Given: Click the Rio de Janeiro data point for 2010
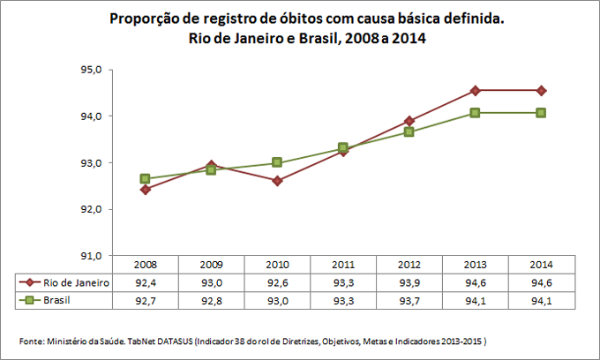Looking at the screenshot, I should (x=277, y=181).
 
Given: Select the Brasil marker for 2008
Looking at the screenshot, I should (x=145, y=178).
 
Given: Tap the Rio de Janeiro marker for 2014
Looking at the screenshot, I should (x=542, y=90).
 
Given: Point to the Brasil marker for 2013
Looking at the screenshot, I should (x=476, y=113).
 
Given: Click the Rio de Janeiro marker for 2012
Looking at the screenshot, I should (x=409, y=121).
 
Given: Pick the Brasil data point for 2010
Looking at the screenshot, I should (x=277, y=162).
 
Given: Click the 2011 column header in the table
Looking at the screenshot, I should (x=343, y=265).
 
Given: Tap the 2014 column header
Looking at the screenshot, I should (x=542, y=265).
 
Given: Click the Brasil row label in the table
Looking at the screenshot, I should (x=58, y=301).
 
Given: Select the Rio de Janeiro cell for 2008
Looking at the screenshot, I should (x=145, y=283).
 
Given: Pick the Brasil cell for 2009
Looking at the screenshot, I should (x=211, y=301).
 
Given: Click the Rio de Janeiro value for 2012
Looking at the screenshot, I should (x=409, y=283).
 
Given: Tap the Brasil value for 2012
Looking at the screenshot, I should (x=409, y=301).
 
